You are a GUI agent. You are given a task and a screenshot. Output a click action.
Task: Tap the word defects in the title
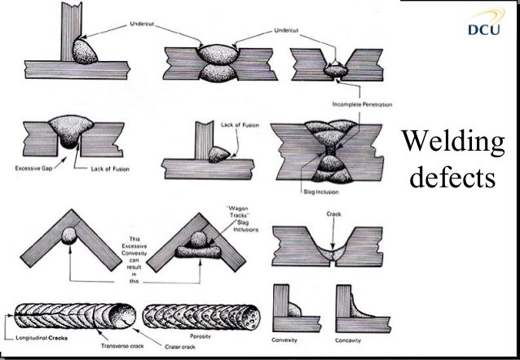pos(454,177)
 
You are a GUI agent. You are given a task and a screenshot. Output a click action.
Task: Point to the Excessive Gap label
pos(36,169)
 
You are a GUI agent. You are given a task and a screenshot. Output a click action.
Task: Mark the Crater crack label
pos(165,345)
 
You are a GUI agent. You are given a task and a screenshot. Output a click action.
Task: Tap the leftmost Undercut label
pos(140,26)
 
